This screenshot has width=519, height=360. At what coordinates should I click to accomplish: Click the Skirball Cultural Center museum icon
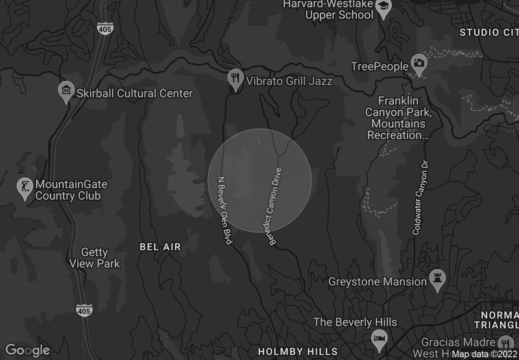(x=66, y=91)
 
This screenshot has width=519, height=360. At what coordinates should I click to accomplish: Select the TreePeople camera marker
(x=419, y=65)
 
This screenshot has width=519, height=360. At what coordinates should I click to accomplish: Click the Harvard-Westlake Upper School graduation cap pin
(x=385, y=8)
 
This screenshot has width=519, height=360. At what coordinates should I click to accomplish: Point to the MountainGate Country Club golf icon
(x=25, y=188)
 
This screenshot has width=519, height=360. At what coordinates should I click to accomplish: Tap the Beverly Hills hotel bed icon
(x=379, y=339)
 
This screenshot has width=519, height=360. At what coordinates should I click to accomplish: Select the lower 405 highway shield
(x=84, y=309)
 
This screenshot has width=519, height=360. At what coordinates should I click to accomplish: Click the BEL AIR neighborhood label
(x=160, y=247)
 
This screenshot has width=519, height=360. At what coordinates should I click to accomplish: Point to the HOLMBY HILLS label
(x=298, y=352)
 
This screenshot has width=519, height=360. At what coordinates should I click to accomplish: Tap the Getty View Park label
(x=95, y=258)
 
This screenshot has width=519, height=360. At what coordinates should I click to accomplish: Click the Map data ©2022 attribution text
(x=483, y=354)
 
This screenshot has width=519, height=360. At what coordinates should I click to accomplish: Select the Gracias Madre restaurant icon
(x=506, y=342)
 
